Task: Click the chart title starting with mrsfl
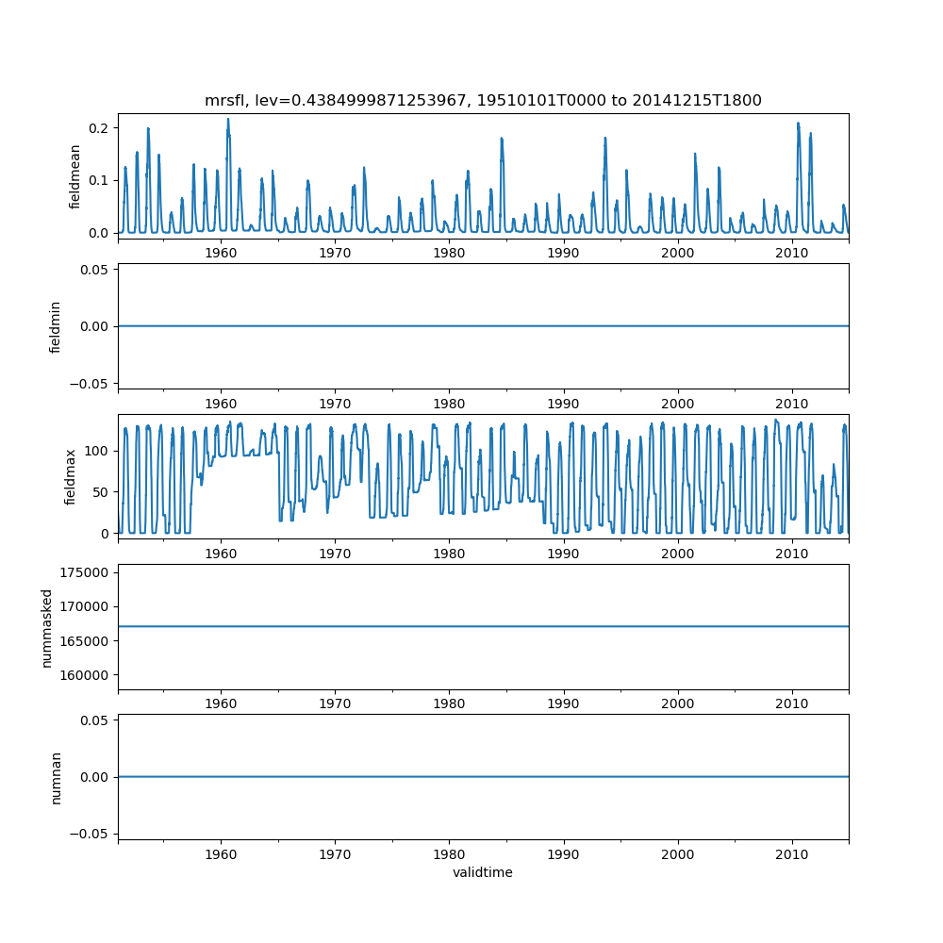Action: (x=483, y=100)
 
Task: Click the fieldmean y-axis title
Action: (x=74, y=176)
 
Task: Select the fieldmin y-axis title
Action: (x=55, y=326)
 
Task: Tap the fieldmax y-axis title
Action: (x=69, y=476)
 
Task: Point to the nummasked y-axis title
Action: (x=46, y=626)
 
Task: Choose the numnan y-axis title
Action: (x=56, y=777)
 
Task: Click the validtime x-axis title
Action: (x=483, y=872)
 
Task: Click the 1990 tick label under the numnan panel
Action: (x=564, y=853)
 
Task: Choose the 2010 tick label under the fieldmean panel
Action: (x=792, y=253)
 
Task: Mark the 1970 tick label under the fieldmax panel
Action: (x=335, y=553)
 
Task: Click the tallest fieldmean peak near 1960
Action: (x=228, y=120)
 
